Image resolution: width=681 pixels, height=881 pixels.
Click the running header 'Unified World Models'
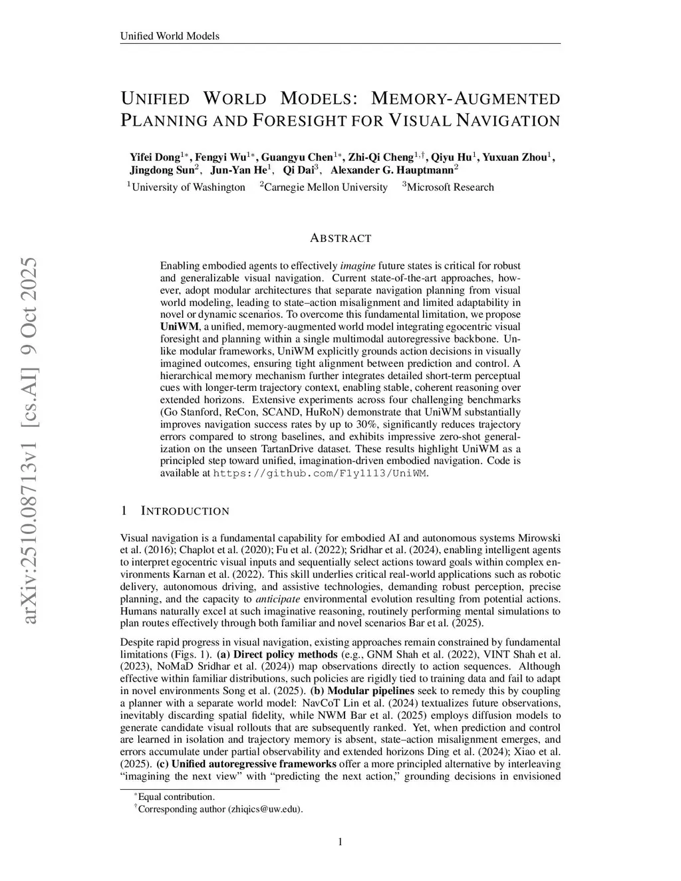tap(170, 36)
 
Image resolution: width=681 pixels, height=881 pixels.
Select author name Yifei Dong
tap(155, 158)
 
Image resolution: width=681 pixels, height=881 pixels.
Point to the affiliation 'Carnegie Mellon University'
tap(325, 188)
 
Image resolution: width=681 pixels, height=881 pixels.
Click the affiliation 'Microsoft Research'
tap(450, 188)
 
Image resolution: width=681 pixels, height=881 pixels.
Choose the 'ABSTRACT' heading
tap(340, 238)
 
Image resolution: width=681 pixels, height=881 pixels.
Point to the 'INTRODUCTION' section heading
tap(185, 511)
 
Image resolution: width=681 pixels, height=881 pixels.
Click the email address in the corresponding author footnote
tap(265, 809)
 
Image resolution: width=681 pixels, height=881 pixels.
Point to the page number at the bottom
tap(340, 842)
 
